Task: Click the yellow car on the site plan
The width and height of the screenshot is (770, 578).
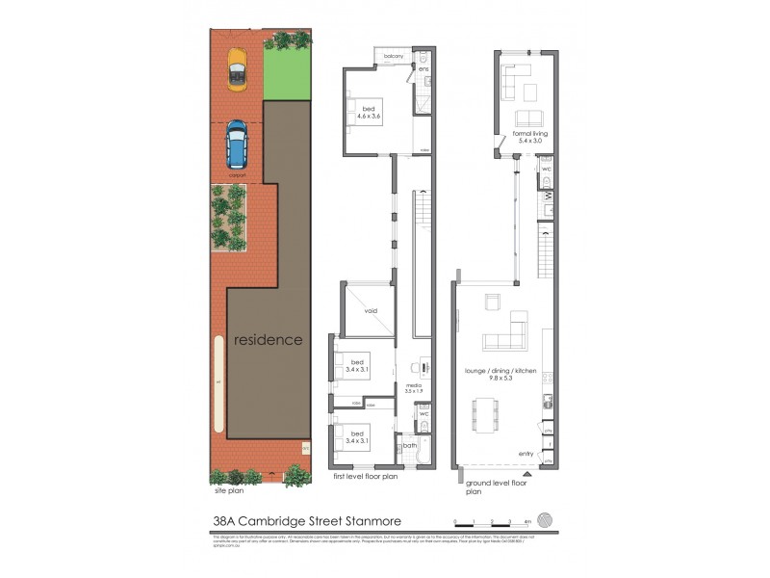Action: click(x=236, y=70)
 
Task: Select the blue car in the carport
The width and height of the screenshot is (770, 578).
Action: click(x=235, y=144)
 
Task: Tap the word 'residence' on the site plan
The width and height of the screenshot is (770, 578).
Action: click(x=269, y=340)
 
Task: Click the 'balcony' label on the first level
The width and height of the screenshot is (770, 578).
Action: click(x=393, y=57)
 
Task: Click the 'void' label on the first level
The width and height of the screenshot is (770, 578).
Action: click(x=372, y=311)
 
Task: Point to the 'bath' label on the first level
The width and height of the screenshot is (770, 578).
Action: click(x=410, y=444)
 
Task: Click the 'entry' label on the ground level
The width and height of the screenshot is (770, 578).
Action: click(x=526, y=454)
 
